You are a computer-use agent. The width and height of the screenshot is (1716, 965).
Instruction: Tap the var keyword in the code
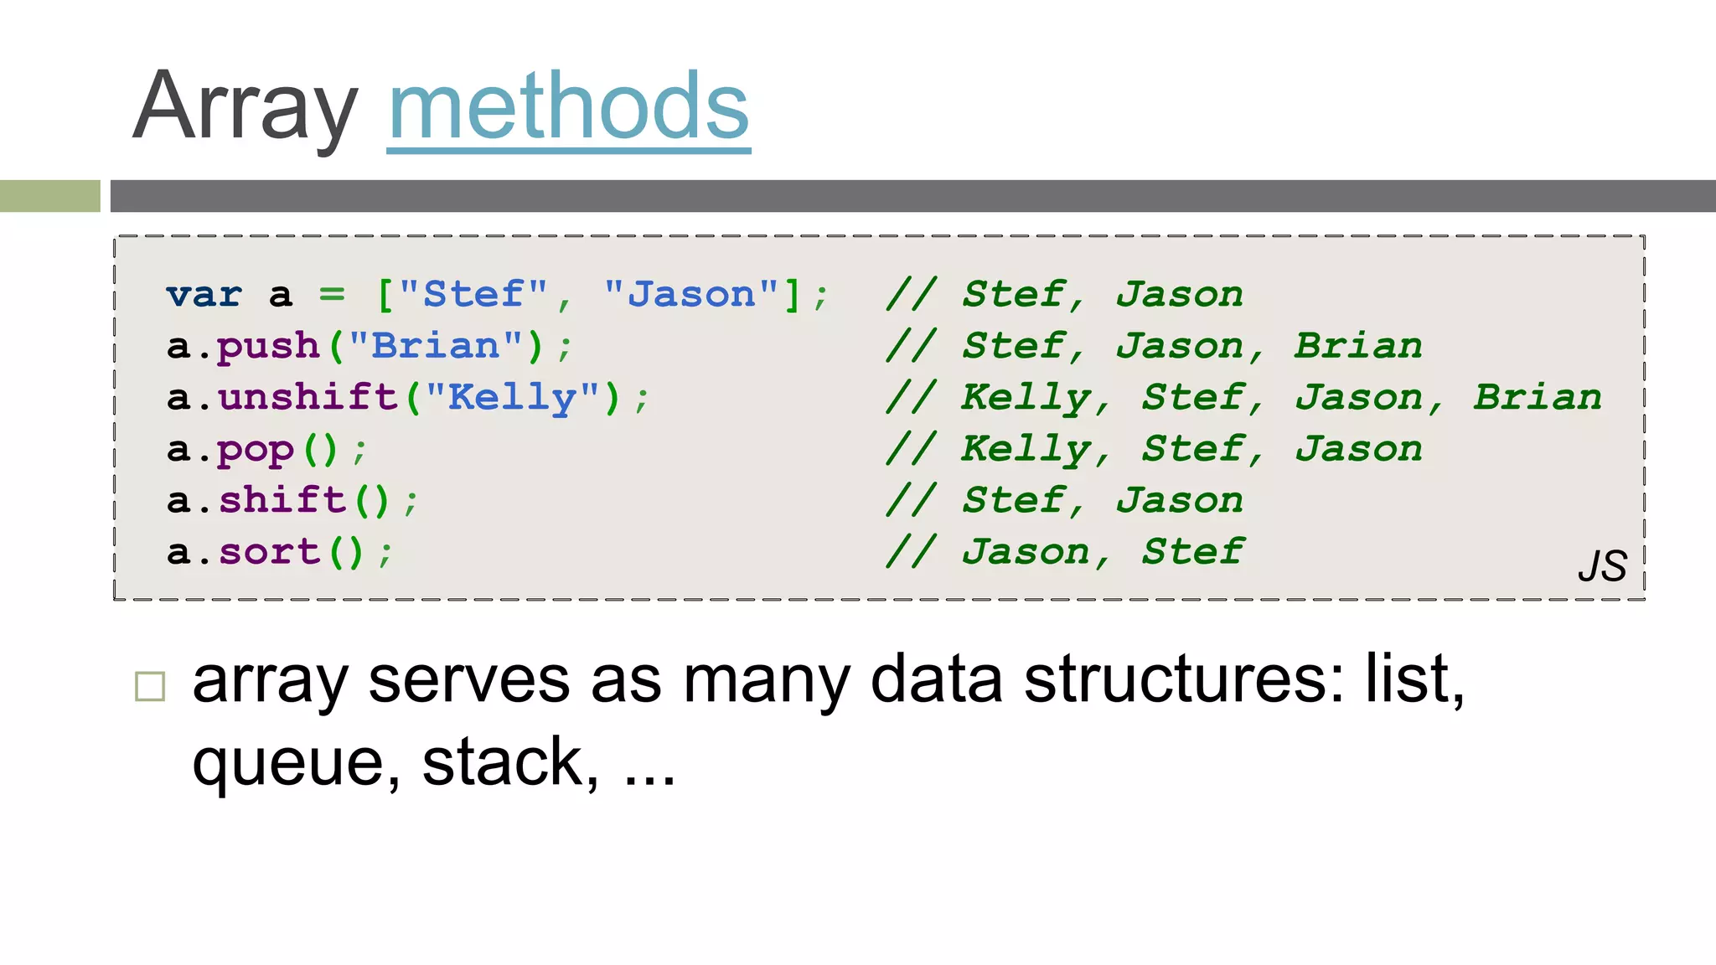point(204,295)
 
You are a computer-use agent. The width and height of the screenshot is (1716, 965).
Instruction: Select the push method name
point(269,347)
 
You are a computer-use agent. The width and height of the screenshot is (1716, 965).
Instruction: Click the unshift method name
point(308,397)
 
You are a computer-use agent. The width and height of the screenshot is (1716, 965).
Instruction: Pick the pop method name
point(256,450)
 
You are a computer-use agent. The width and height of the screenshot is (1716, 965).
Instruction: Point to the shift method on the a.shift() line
point(282,501)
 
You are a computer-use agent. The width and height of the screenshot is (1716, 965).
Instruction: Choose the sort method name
point(269,552)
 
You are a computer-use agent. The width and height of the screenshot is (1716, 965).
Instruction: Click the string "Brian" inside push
point(436,346)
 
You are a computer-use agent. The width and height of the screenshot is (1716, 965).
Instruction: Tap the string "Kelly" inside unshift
point(513,397)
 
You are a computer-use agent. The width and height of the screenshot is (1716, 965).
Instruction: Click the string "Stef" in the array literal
point(473,295)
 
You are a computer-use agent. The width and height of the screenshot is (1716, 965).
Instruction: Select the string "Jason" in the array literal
point(691,295)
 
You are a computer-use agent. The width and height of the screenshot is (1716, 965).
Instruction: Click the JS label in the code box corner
point(1602,566)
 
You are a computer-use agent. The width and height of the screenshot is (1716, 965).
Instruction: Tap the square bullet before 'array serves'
point(150,686)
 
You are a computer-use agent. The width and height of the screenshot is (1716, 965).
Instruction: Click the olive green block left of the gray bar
point(49,196)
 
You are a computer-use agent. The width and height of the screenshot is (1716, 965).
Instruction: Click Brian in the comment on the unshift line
point(1538,397)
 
